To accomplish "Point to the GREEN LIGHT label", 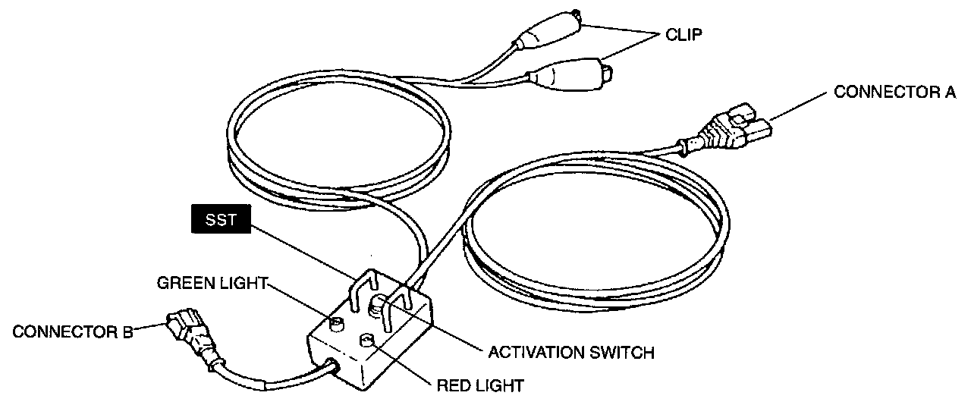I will click(212, 284).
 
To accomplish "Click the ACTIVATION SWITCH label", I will click(570, 352).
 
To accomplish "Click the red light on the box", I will click(368, 341).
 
